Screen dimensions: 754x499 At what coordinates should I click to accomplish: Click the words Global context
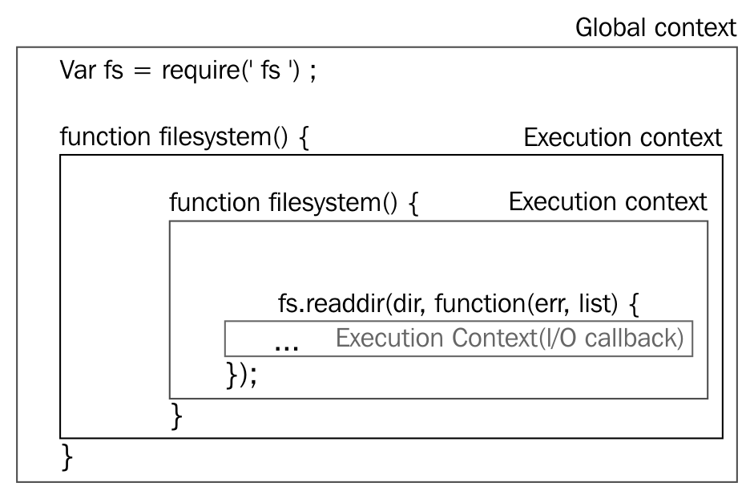point(655,27)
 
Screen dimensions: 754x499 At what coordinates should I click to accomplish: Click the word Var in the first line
point(78,71)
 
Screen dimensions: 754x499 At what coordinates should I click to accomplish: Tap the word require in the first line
point(200,71)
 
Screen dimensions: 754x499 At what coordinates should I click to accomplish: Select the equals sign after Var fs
point(142,71)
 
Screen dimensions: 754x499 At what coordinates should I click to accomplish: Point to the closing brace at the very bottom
point(67,457)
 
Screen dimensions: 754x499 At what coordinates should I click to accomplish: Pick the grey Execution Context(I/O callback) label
point(510,338)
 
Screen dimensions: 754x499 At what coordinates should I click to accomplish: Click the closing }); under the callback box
point(241,374)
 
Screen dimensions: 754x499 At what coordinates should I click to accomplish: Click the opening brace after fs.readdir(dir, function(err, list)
point(634,304)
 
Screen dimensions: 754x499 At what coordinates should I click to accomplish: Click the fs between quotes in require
point(270,71)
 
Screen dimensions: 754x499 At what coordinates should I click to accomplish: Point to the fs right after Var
point(114,71)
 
